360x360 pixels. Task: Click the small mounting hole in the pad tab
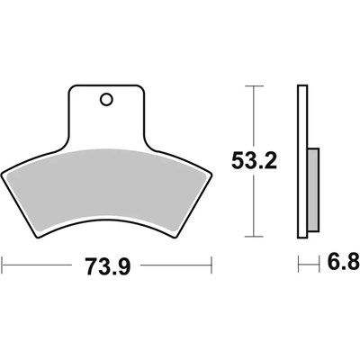107,100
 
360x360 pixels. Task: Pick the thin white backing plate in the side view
302,162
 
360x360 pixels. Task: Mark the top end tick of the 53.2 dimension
255,85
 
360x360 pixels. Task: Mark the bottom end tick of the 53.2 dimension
255,238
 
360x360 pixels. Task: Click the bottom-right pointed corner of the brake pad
174,238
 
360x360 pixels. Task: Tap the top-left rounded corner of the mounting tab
72,88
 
